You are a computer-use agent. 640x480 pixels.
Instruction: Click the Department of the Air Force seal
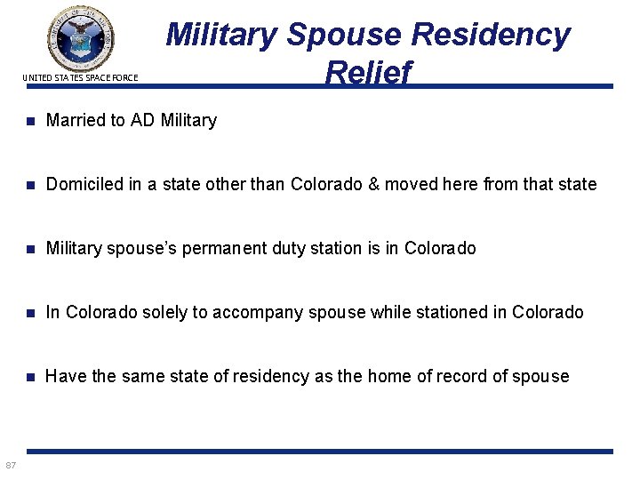pyautogui.click(x=81, y=37)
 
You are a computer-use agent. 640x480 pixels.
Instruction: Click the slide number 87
pyautogui.click(x=10, y=466)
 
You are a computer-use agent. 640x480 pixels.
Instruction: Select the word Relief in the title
pyautogui.click(x=368, y=73)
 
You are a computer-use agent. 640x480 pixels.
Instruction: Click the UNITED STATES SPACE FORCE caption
pyautogui.click(x=80, y=78)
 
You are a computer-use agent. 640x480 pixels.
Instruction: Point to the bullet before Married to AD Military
pyautogui.click(x=30, y=121)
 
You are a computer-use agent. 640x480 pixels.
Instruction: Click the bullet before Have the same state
pyautogui.click(x=30, y=377)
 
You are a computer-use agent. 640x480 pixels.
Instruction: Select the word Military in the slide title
pyautogui.click(x=223, y=35)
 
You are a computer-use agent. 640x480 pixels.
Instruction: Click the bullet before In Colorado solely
pyautogui.click(x=30, y=313)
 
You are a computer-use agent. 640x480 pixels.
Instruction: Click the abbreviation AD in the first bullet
pyautogui.click(x=142, y=120)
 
